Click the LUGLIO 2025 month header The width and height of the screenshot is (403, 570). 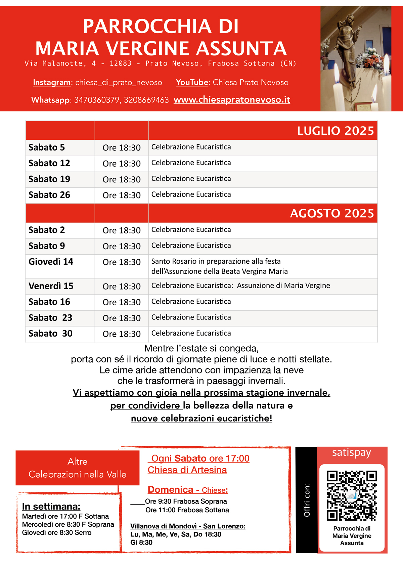click(x=335, y=131)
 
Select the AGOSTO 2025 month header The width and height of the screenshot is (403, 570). click(x=332, y=213)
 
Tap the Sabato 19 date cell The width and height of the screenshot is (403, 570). click(x=49, y=179)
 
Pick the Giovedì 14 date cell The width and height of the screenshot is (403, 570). click(x=51, y=262)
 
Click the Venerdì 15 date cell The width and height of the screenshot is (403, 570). click(x=51, y=286)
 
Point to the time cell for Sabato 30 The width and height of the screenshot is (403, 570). click(x=122, y=334)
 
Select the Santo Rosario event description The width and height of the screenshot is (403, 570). click(x=219, y=266)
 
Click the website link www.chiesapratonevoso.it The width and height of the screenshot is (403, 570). click(x=232, y=100)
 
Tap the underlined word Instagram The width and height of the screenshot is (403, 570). click(x=52, y=82)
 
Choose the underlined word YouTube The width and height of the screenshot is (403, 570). click(x=192, y=82)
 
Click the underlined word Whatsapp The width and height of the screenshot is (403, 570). click(x=50, y=100)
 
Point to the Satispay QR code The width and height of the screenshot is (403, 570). click(x=352, y=496)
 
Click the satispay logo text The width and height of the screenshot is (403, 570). click(x=352, y=453)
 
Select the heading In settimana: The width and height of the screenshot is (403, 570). click(x=51, y=506)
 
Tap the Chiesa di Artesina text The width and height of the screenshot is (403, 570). click(x=187, y=470)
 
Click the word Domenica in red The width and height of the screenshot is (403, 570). click(x=170, y=489)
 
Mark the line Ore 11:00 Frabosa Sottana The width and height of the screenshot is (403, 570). click(x=187, y=510)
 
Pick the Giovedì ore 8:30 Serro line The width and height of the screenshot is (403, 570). click(x=57, y=532)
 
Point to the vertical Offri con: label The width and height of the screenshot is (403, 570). click(x=307, y=500)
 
